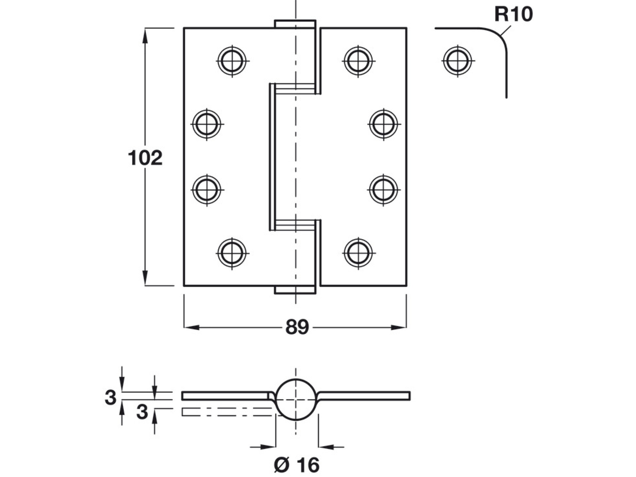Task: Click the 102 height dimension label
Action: [x=145, y=158]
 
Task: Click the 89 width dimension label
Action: [x=297, y=327]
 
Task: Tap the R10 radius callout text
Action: [x=513, y=14]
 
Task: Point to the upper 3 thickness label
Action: [x=111, y=397]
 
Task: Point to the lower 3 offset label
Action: [x=142, y=412]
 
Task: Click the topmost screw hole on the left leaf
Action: [x=232, y=61]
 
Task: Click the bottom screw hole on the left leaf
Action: [x=232, y=253]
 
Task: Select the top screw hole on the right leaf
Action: [x=358, y=61]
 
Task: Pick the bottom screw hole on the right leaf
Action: [x=358, y=253]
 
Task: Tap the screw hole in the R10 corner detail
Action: [x=458, y=61]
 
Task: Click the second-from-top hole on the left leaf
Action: [x=207, y=124]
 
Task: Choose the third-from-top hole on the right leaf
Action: [x=383, y=190]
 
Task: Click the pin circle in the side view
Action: [x=296, y=400]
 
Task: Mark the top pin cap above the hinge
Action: [x=295, y=24]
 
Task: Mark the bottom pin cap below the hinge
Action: [x=295, y=290]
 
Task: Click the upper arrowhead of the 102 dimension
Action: [x=145, y=35]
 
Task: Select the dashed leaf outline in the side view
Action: [x=226, y=412]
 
